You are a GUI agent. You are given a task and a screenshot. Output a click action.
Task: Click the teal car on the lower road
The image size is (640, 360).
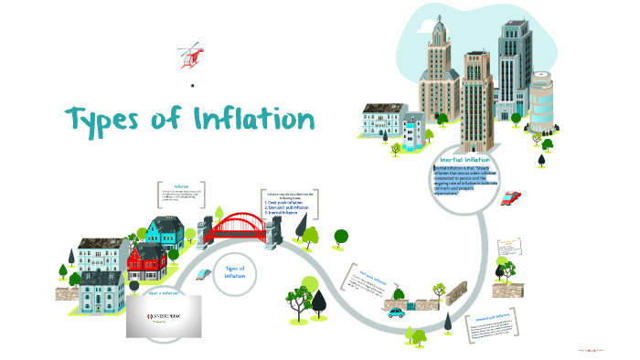pyautogui.click(x=395, y=312)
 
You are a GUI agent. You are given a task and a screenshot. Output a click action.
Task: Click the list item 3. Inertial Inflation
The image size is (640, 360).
pyautogui.click(x=284, y=213)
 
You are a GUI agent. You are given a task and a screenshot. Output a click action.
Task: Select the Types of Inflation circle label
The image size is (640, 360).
pyautogui.click(x=235, y=271)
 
